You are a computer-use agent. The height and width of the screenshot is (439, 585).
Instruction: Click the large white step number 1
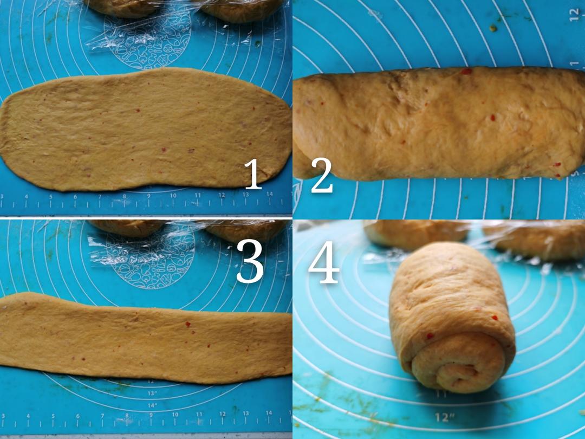coord(253,174)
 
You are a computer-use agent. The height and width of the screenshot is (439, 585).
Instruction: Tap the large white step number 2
coord(322,175)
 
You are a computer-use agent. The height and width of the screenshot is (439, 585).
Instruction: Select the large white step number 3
coord(250,261)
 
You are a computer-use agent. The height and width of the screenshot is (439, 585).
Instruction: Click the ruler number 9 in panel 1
coord(148,196)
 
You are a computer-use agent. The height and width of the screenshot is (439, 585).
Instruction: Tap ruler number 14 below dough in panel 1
coord(269,194)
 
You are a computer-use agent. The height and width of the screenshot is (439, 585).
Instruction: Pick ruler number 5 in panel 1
coord(51,197)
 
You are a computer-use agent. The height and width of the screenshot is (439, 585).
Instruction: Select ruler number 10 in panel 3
coord(175,415)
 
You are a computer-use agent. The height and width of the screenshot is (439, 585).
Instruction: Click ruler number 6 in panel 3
coord(77,416)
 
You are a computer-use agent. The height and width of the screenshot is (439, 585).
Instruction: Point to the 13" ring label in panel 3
coord(152,393)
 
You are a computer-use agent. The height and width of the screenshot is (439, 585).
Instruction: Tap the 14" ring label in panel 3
coord(152,405)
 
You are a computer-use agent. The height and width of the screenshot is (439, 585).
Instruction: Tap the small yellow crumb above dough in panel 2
coord(493,28)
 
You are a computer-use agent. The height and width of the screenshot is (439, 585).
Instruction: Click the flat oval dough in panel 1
coord(146,129)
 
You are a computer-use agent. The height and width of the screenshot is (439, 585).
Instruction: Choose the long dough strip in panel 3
coord(146,338)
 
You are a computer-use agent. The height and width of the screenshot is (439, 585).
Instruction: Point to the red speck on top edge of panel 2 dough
coord(466,71)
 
